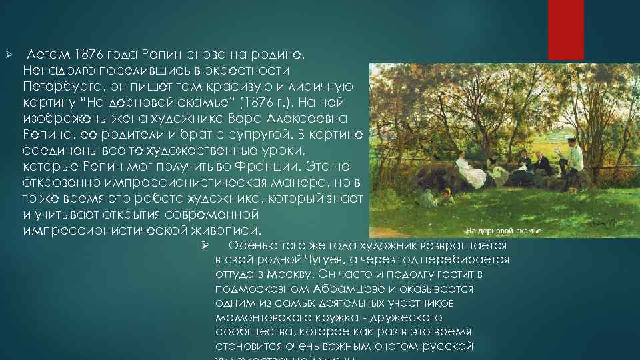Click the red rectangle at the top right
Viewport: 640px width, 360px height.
click(565, 29)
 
